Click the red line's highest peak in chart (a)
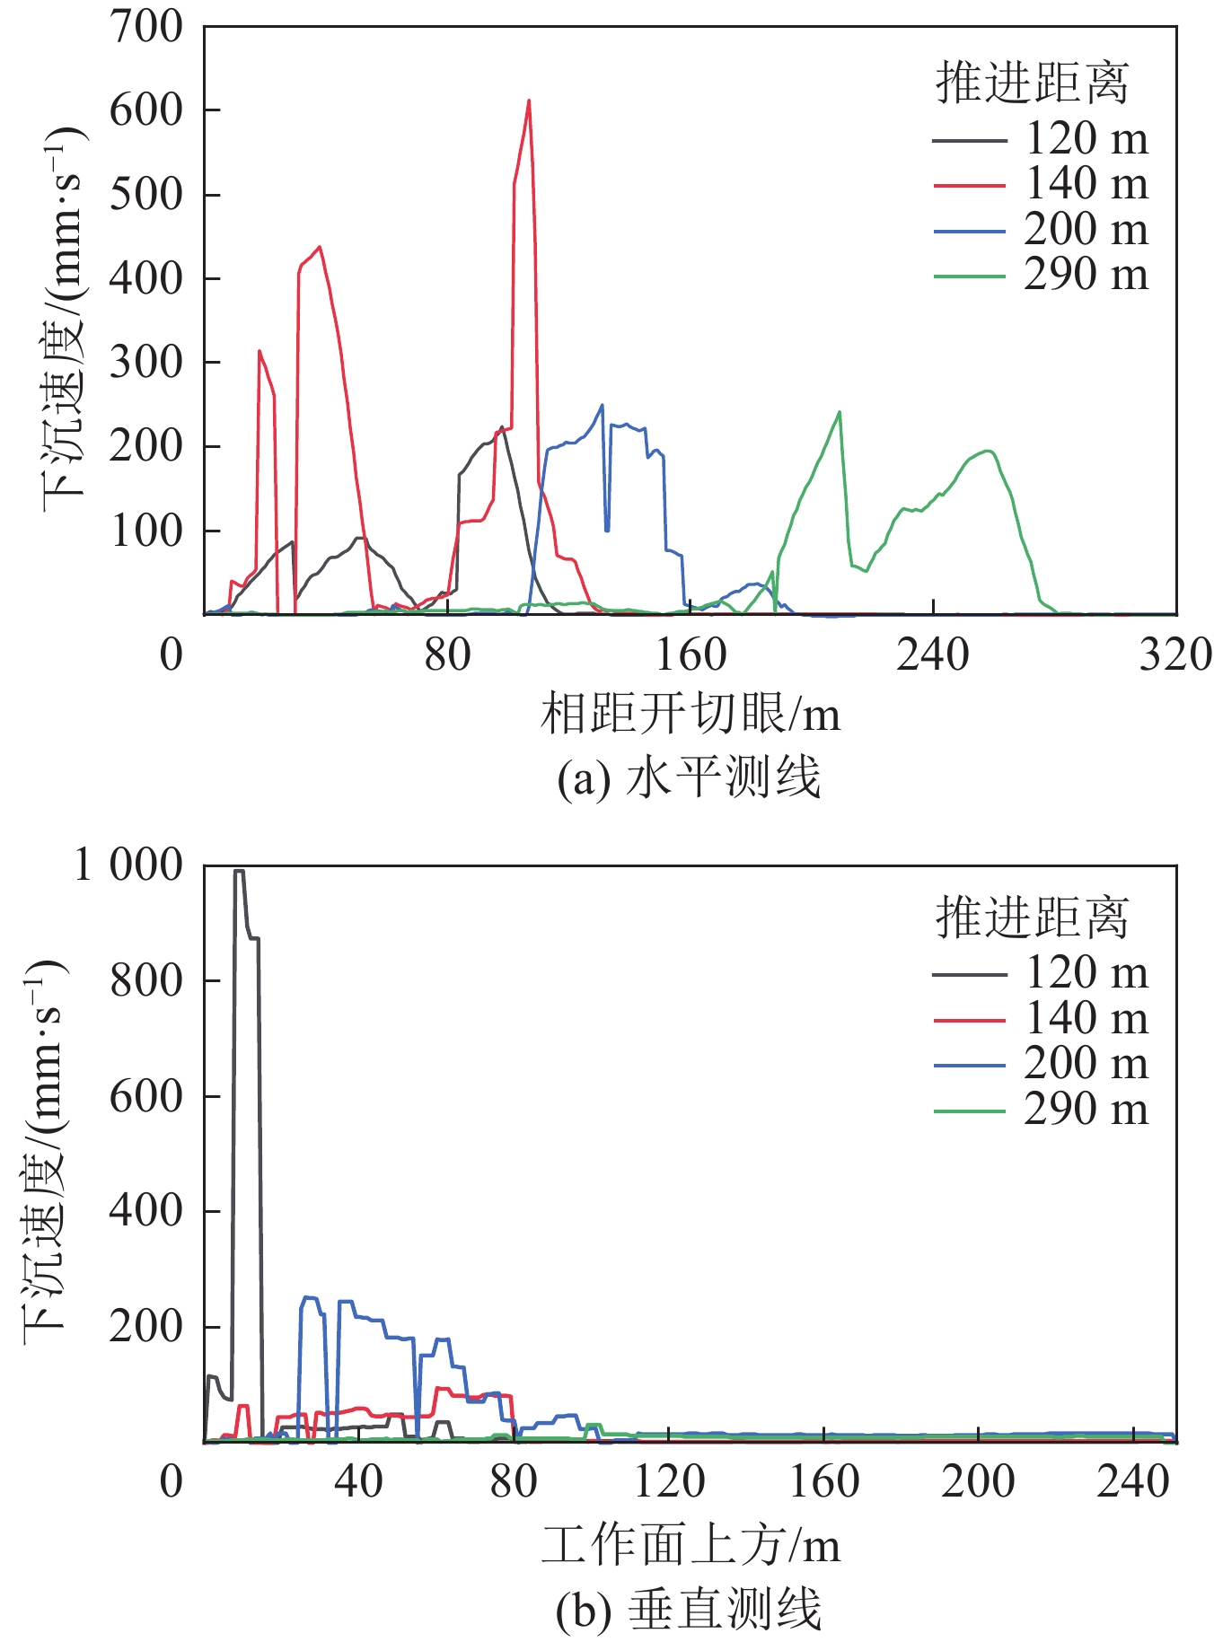(x=529, y=101)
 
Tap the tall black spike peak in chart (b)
(x=239, y=871)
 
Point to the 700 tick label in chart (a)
(x=145, y=27)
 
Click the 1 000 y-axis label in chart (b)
(x=128, y=866)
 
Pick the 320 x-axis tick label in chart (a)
(x=1174, y=655)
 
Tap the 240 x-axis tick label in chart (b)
(x=1133, y=1483)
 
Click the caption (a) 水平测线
(x=689, y=777)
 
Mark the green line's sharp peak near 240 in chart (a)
(x=840, y=412)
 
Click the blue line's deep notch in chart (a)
(x=607, y=530)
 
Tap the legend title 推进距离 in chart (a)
(x=1032, y=83)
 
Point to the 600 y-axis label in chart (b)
(x=145, y=1096)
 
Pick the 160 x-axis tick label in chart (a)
(x=691, y=655)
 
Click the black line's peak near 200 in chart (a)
(x=502, y=427)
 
